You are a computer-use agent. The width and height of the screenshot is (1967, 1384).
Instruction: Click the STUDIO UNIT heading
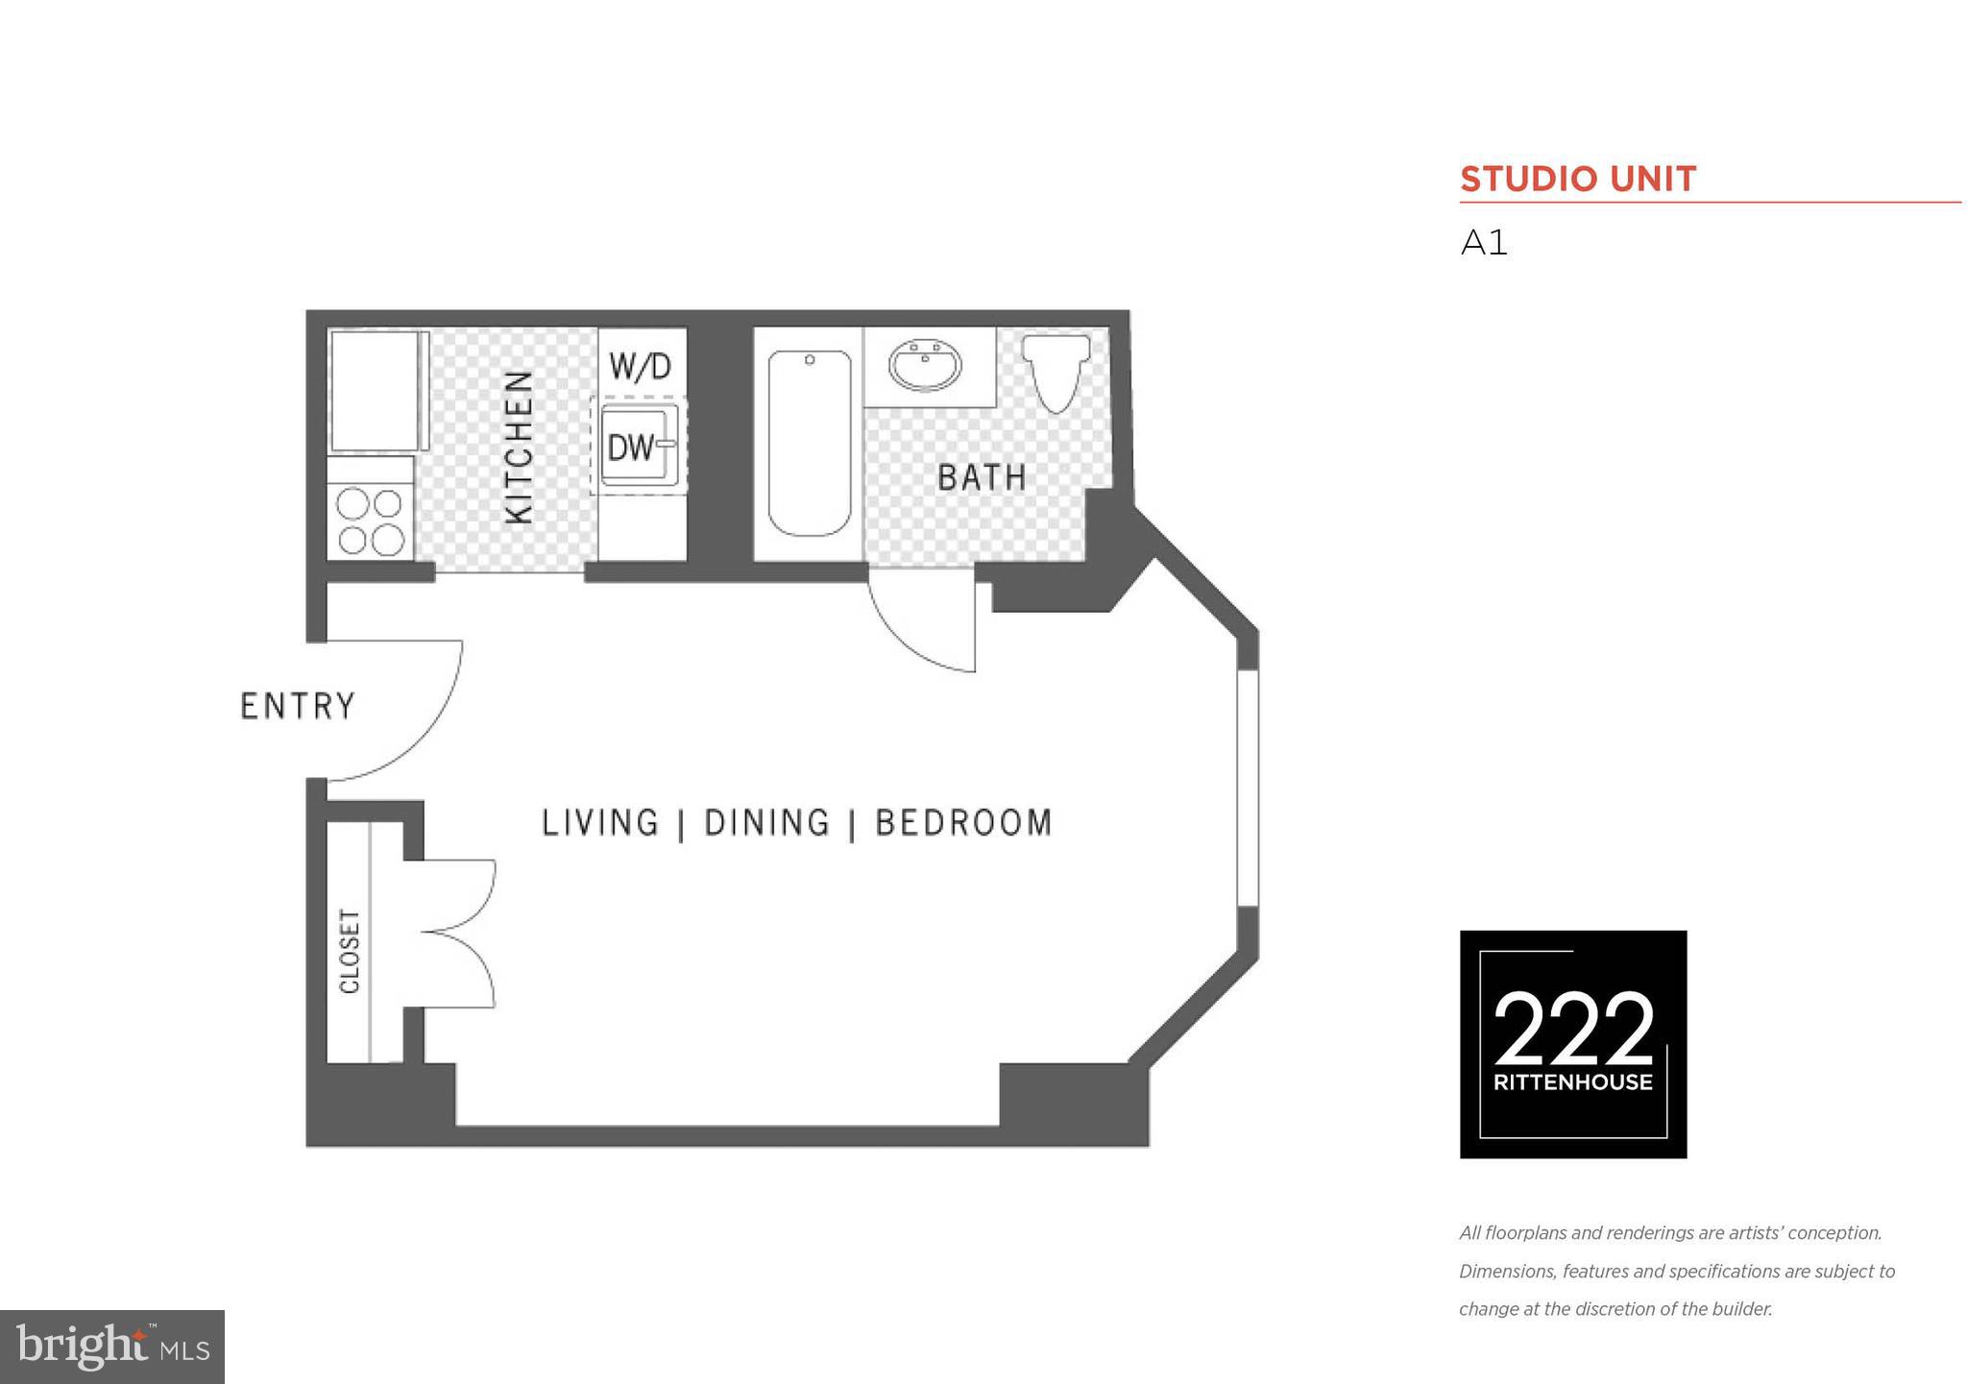coord(1577,180)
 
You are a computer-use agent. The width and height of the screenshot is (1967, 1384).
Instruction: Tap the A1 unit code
coord(1484,243)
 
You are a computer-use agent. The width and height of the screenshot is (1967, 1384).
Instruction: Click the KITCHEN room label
coord(520,447)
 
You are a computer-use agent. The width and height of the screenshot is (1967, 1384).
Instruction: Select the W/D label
coord(641,366)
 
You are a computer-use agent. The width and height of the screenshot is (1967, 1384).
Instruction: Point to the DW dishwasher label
coord(630,447)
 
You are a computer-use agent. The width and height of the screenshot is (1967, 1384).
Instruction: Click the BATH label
coord(982,477)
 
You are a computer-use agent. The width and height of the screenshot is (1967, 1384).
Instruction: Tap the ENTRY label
coord(298,706)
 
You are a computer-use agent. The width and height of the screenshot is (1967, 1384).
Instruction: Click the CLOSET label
coord(350,951)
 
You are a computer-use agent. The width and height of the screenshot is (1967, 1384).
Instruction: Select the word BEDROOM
coord(964,823)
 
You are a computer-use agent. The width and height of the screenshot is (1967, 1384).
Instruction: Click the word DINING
coord(766,823)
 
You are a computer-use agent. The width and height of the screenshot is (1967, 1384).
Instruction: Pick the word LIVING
coord(600,823)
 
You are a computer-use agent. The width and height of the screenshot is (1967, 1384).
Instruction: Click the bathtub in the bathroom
coord(809,444)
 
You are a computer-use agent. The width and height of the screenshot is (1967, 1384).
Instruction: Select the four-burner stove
coord(370,522)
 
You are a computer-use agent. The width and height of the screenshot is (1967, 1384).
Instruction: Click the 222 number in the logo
coord(1572,1030)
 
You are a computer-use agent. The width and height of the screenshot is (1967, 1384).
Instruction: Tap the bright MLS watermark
coord(112,1347)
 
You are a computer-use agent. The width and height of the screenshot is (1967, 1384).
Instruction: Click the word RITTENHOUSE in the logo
coord(1572,1082)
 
